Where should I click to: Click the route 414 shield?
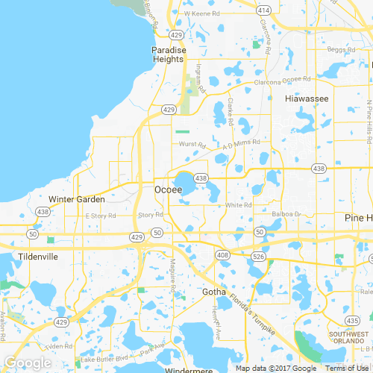coord(263,11)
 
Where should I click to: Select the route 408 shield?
coord(223,255)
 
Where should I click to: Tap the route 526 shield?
coord(257,257)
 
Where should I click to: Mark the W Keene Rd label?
coord(196,13)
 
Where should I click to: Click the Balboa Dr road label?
coord(285,214)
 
